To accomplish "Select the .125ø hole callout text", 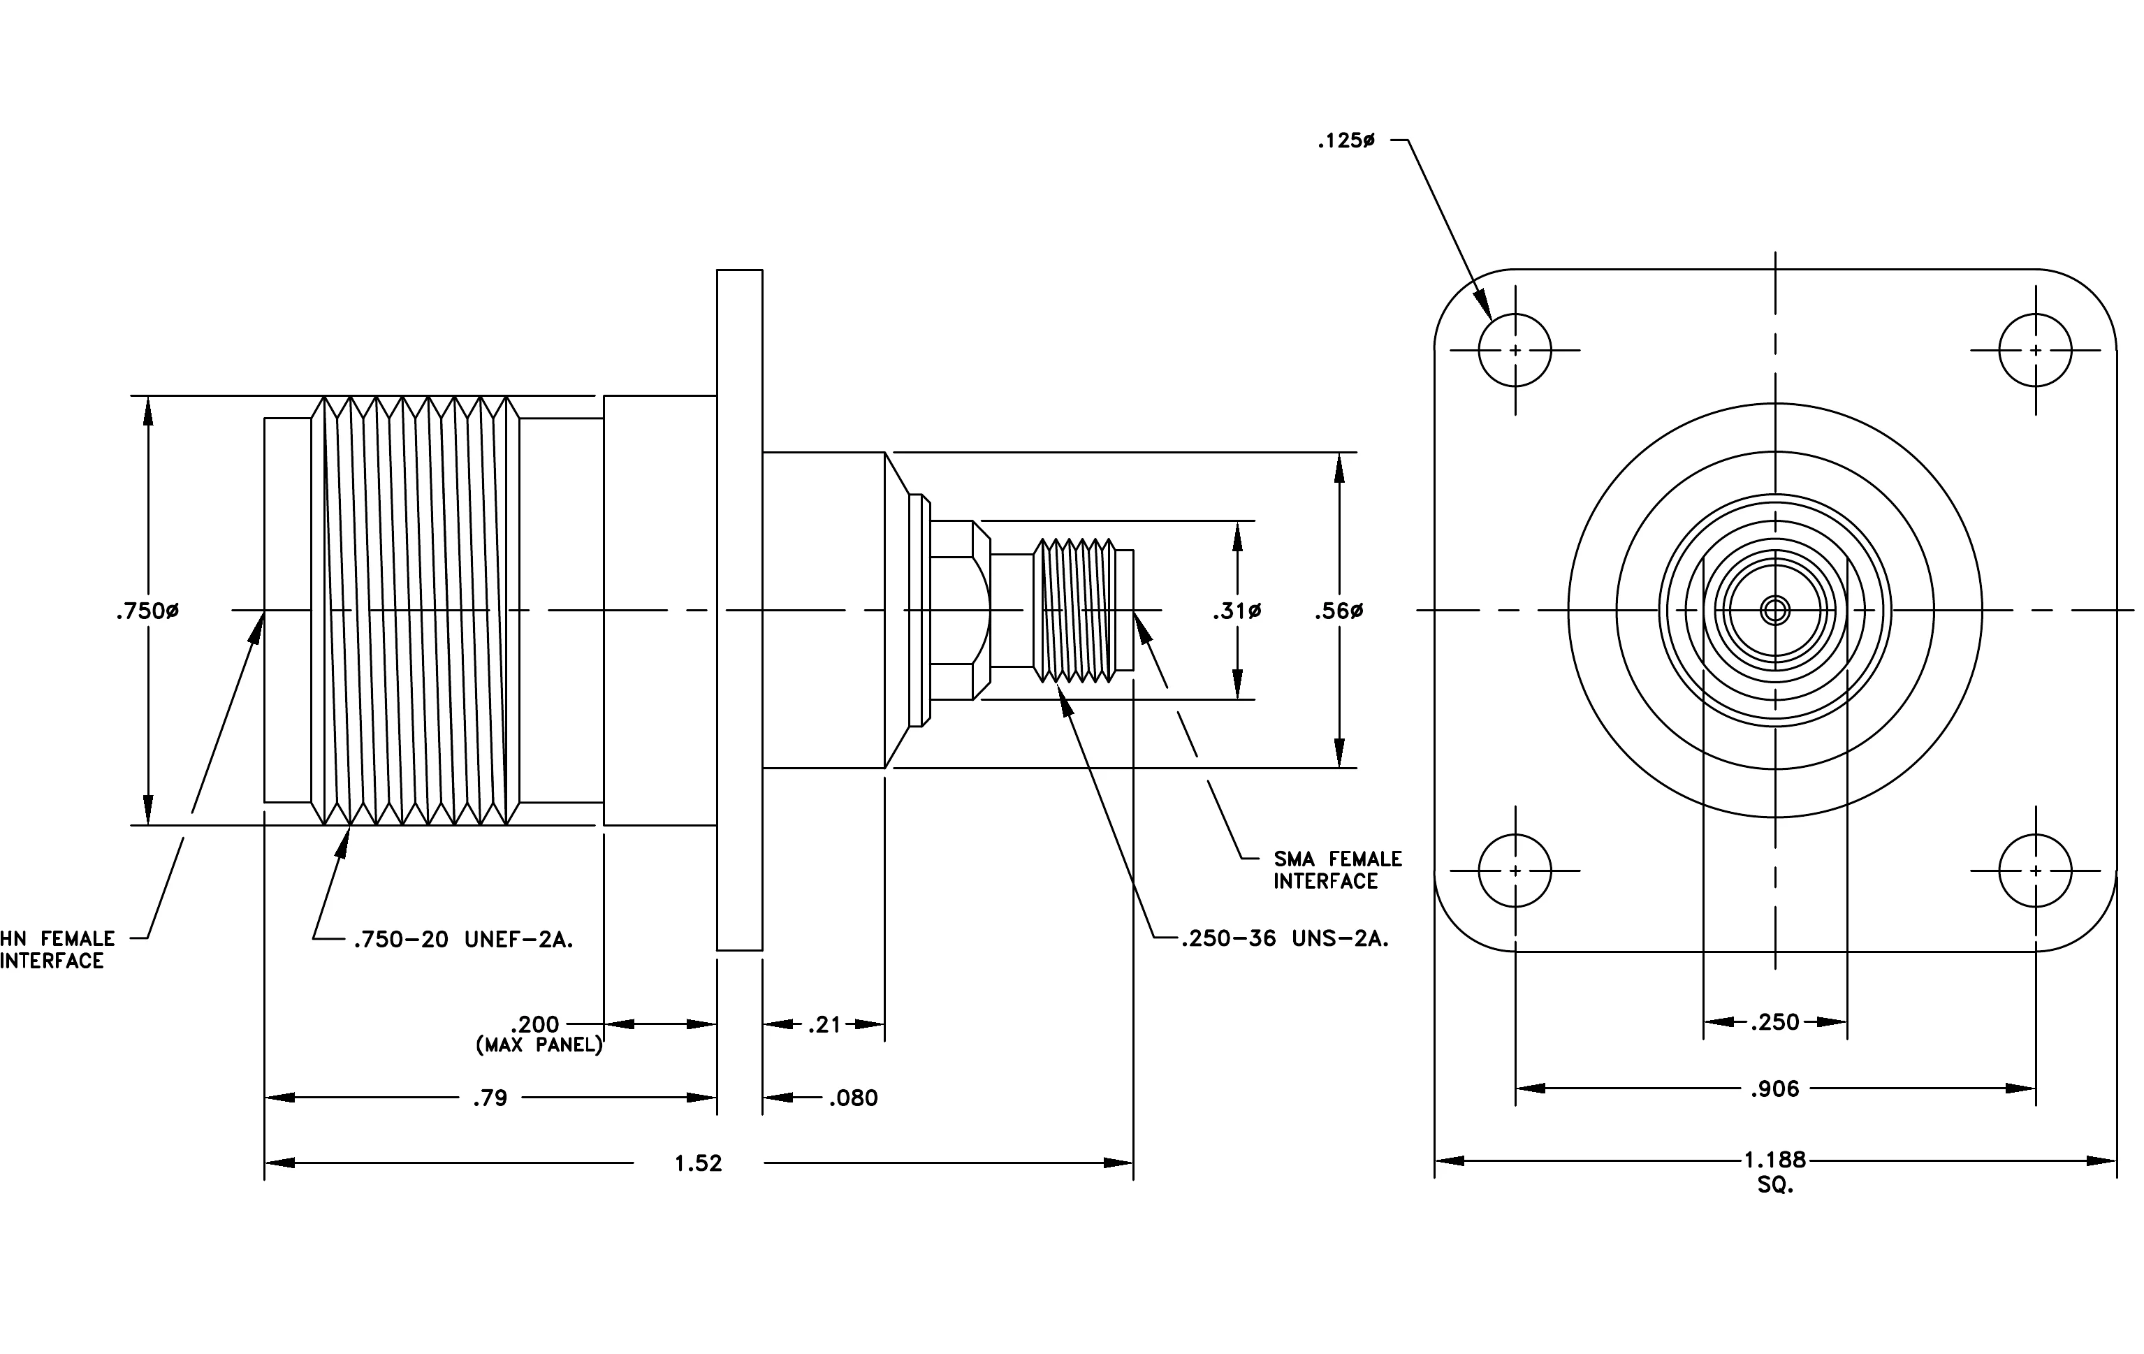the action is (1346, 140).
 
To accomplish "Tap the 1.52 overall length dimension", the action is (698, 1163).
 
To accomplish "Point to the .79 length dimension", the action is (490, 1098).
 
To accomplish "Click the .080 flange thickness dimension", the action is (853, 1098).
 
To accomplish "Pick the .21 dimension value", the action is (824, 1025).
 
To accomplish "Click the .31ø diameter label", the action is (1237, 611).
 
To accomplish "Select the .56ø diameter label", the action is (1339, 611).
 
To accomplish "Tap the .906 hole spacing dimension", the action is (1774, 1089).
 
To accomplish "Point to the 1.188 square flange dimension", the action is (1774, 1160).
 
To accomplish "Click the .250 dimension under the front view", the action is (1774, 1022).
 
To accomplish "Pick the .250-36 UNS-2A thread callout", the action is (1285, 939).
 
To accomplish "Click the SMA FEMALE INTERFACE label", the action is (1337, 870).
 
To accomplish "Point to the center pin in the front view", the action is (1775, 611).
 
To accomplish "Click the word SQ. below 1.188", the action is (1775, 1186).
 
